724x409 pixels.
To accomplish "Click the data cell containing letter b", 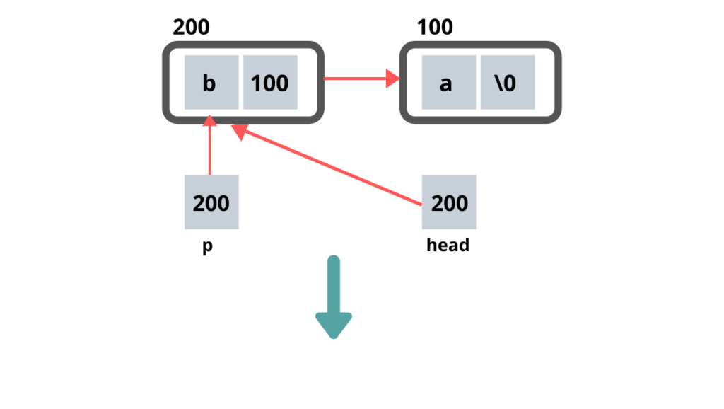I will coord(211,83).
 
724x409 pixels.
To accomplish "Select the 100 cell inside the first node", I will coord(270,83).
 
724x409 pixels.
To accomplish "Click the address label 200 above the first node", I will coord(191,28).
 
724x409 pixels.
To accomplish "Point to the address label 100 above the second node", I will coord(434,28).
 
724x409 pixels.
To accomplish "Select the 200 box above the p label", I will coord(211,202).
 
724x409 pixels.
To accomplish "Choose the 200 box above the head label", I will coord(448,202).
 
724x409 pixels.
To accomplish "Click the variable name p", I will coord(208,248).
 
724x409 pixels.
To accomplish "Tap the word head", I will coord(448,246).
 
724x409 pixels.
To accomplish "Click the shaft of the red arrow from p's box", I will coord(209,152).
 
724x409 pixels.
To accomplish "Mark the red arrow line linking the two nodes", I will coord(354,79).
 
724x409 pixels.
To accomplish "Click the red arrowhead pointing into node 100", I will coord(393,79).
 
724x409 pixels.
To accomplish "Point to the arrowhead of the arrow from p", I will coord(209,120).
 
